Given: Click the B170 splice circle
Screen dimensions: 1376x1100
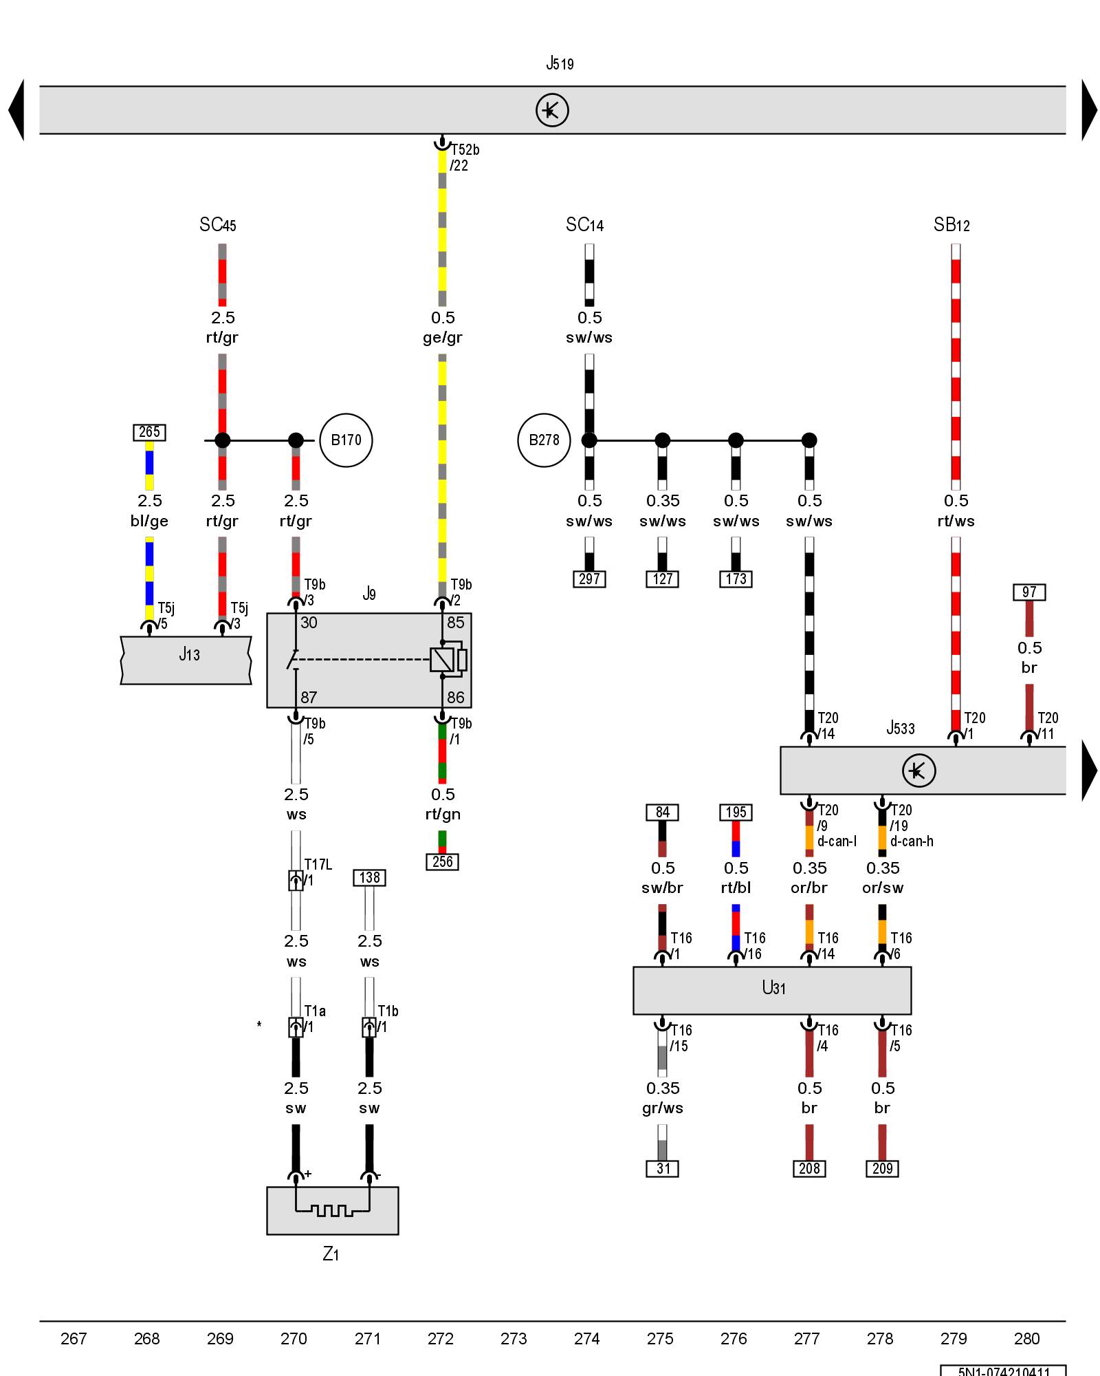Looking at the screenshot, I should pos(346,440).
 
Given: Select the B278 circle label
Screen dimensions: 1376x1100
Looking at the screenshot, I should pos(544,440).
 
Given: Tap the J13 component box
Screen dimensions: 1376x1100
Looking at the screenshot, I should pos(186,660).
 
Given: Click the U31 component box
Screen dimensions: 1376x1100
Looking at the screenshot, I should pos(772,990).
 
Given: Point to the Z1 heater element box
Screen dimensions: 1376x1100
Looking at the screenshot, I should pos(332,1210).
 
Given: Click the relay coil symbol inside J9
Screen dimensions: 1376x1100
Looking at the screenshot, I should pos(441,660).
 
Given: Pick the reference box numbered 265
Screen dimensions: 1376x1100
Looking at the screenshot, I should pos(149,432).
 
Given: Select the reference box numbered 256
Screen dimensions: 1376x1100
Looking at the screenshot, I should pos(443,861).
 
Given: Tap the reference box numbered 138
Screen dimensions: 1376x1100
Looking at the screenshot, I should pos(369,877).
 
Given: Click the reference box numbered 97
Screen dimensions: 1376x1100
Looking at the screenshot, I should pos(1029,592).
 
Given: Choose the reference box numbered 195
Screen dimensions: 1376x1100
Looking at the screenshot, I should pos(736,812).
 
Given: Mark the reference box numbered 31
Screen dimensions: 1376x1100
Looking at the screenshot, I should pos(663,1168).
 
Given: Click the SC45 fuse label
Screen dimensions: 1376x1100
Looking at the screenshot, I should pos(218,225).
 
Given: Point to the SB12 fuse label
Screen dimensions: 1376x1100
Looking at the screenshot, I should pos(951,225).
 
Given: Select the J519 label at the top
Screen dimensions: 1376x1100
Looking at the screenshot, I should pos(560,64).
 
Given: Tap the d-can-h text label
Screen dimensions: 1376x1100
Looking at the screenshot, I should pos(912,841).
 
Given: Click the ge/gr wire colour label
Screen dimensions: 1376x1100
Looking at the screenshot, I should pos(443,337).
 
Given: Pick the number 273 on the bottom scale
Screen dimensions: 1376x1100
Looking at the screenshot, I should pos(514,1338).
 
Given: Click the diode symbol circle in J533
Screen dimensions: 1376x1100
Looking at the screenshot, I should pos(918,771).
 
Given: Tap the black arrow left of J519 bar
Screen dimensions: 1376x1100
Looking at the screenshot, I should pos(16,110).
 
